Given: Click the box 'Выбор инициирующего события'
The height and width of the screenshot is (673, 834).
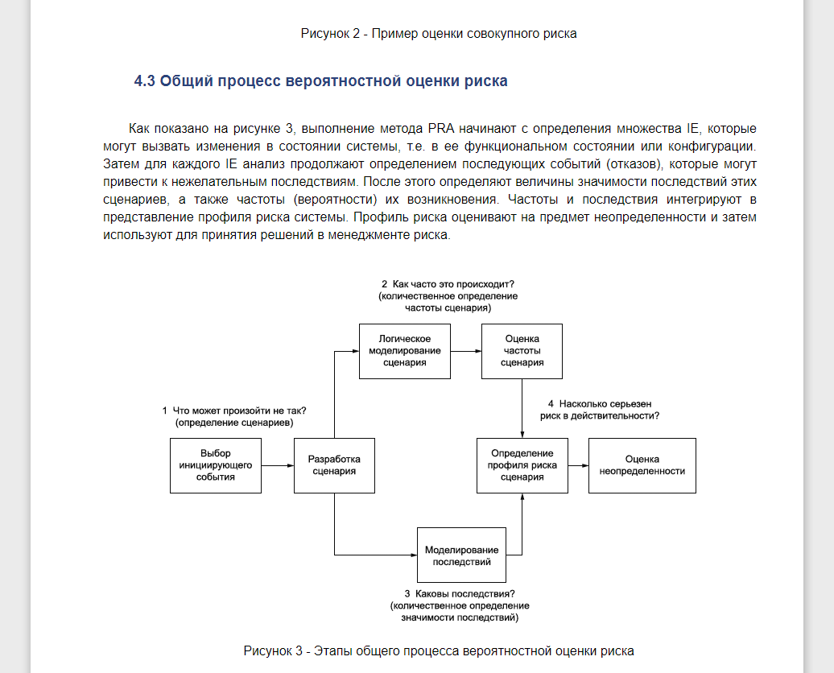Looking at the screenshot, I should [216, 465].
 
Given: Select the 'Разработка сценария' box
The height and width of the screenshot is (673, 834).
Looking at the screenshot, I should [334, 465].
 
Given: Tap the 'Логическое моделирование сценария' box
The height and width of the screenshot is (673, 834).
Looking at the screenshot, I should [404, 351].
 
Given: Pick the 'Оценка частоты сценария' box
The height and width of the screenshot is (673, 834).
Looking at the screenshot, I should [522, 351].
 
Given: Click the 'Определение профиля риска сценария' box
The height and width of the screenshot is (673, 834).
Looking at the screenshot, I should [522, 465].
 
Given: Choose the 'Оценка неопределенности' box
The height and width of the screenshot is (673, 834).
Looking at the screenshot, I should [642, 465].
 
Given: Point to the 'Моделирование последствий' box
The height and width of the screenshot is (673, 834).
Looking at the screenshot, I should [461, 555].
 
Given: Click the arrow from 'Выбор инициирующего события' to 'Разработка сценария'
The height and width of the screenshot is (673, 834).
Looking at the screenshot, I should [278, 465].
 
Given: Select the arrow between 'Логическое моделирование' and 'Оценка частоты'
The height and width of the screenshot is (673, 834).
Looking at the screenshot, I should [465, 351].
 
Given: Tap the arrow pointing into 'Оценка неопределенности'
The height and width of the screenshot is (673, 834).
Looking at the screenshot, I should [577, 465].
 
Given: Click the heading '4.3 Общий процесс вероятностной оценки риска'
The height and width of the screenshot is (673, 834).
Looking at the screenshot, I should [320, 81].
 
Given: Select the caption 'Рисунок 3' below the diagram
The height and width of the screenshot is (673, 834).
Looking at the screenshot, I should [439, 650].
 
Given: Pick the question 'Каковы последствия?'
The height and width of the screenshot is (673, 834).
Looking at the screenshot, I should [460, 594].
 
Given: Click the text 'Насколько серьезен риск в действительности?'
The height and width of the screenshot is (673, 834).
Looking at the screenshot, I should [600, 409].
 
